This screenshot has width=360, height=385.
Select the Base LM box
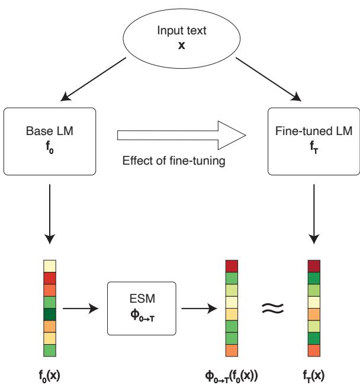[x=50, y=142]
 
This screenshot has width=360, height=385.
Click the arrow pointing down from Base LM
[x=50, y=213]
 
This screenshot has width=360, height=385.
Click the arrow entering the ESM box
[x=83, y=309]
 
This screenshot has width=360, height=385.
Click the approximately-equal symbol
[x=272, y=308]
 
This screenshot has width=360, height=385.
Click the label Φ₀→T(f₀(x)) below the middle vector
[x=232, y=374]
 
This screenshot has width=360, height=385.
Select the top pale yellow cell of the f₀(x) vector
[x=50, y=266]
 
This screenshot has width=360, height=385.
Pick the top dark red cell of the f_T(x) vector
[x=314, y=266]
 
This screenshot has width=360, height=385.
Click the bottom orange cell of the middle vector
[x=232, y=351]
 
